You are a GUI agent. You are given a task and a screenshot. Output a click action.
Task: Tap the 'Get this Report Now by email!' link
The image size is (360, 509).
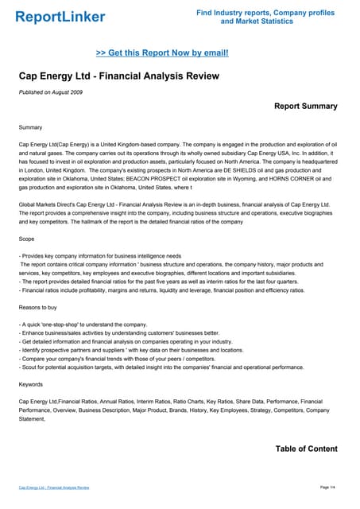pyautogui.click(x=162, y=52)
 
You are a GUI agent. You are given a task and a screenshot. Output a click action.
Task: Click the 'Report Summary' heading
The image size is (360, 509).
pyautogui.click(x=305, y=106)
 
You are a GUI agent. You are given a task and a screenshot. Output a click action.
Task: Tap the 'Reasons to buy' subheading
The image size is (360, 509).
pyautogui.click(x=40, y=307)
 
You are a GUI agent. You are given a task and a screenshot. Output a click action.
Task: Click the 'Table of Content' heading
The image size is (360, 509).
pyautogui.click(x=306, y=449)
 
